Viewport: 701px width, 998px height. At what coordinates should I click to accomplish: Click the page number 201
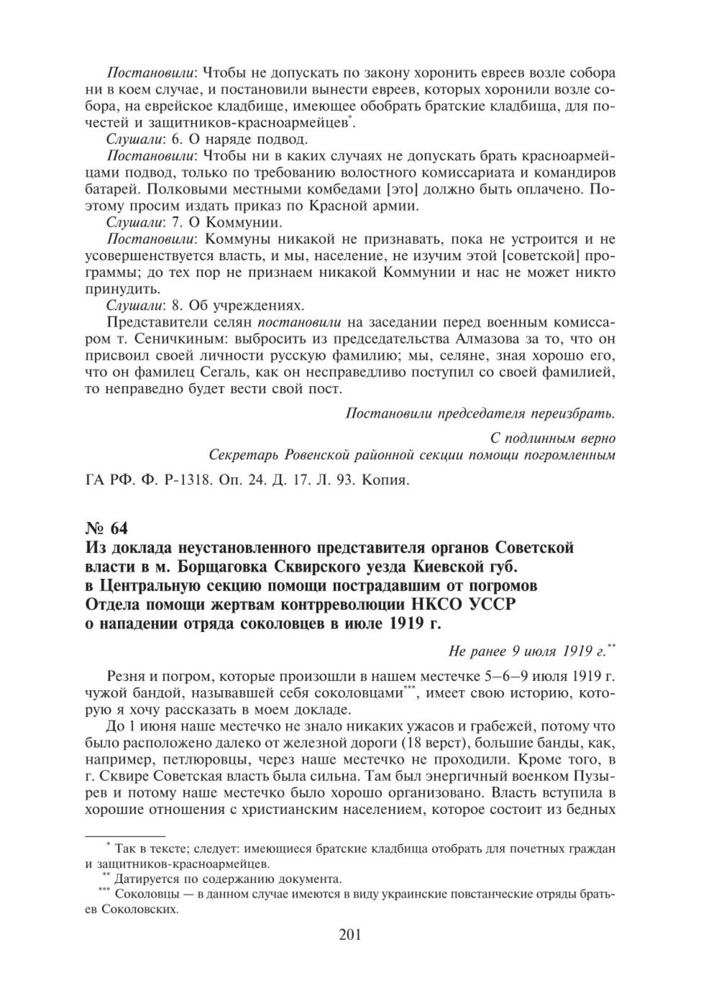(350, 953)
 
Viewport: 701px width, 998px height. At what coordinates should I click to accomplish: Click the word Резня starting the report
(125, 677)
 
